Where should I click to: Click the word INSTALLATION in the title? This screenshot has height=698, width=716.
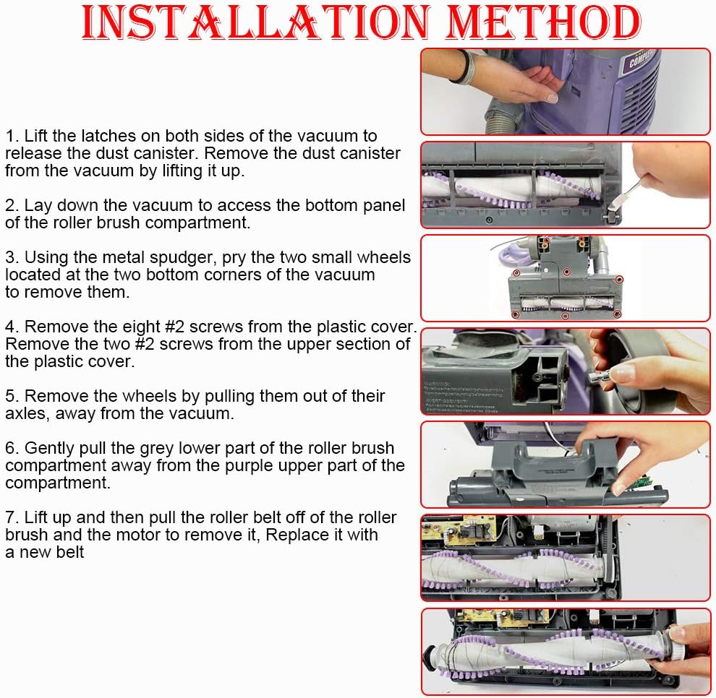pos(256,22)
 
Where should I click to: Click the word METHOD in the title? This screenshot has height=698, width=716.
pos(543,22)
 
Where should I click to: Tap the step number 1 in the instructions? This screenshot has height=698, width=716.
pos(12,136)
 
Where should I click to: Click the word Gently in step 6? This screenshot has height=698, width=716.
pos(49,449)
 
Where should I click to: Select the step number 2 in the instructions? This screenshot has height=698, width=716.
pos(12,205)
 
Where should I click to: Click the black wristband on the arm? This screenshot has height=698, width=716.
pos(461,66)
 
